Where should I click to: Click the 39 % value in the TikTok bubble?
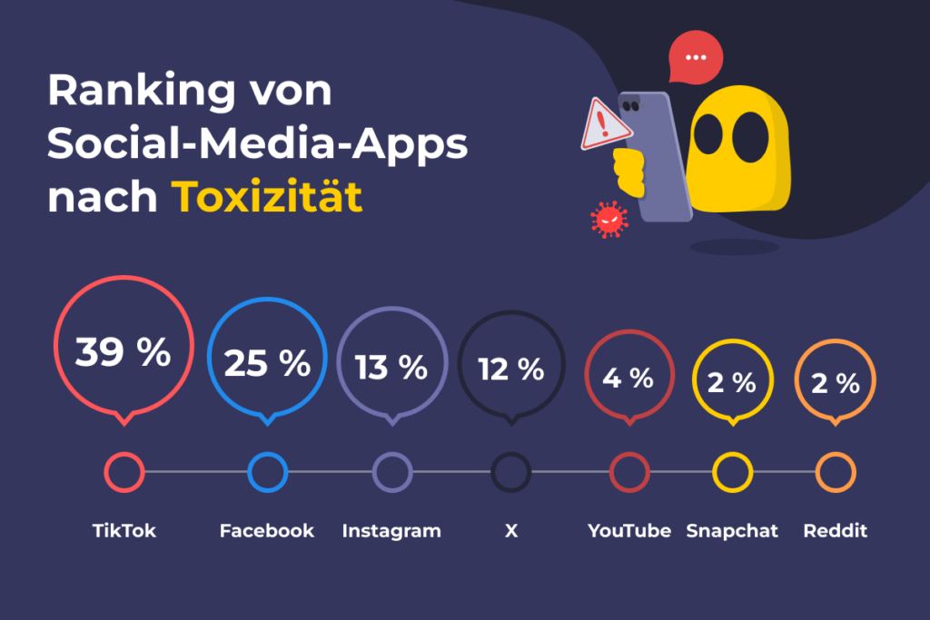click(x=123, y=352)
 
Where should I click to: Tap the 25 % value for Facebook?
click(x=267, y=364)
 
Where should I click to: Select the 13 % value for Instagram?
click(x=391, y=368)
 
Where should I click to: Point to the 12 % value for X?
click(x=511, y=369)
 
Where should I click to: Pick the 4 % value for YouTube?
click(x=628, y=378)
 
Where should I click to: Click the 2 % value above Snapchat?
click(x=732, y=383)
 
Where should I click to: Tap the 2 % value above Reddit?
click(x=835, y=383)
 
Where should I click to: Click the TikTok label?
click(x=124, y=531)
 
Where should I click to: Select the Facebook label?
click(x=267, y=531)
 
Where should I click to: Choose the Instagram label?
click(x=391, y=531)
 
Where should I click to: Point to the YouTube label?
click(x=629, y=531)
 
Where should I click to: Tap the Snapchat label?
click(x=732, y=531)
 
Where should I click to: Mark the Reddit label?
click(x=836, y=531)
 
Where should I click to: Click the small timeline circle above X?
click(x=511, y=472)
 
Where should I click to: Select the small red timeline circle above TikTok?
click(x=124, y=472)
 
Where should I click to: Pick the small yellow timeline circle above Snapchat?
click(x=732, y=472)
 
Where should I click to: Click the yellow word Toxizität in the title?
click(x=268, y=195)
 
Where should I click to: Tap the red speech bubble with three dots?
click(x=696, y=57)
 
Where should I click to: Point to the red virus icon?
click(x=608, y=220)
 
